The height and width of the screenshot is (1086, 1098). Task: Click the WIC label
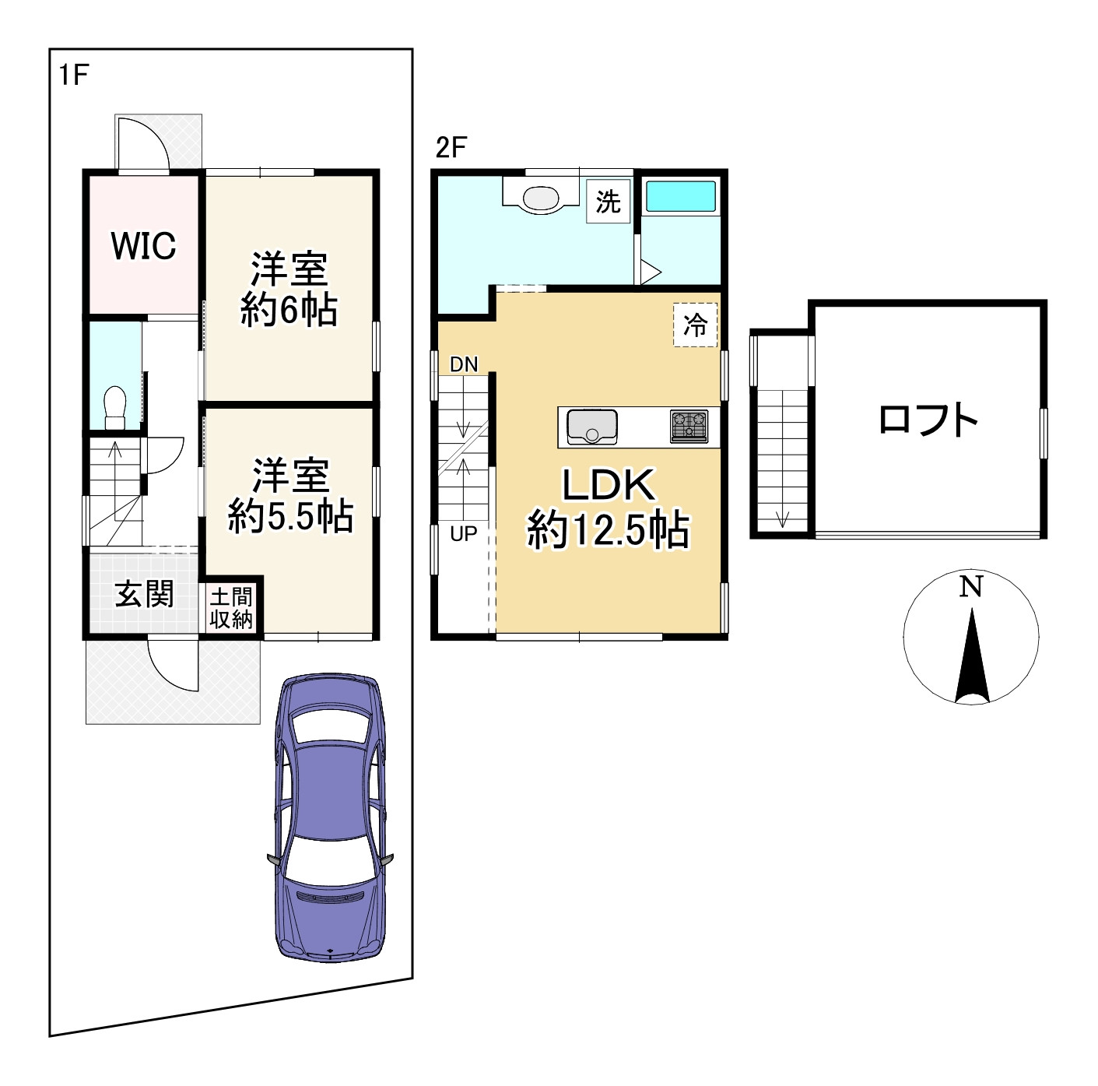coord(144,246)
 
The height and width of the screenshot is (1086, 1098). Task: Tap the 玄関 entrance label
coord(144,596)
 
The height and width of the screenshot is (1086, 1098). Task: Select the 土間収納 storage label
coord(231,608)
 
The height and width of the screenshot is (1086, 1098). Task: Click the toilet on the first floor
coord(115,407)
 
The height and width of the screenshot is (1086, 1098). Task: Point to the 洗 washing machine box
coord(609,201)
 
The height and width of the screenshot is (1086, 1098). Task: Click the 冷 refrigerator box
coord(695,325)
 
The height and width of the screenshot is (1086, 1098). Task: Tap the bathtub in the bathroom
coord(681,197)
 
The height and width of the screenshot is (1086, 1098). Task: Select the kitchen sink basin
coord(592,427)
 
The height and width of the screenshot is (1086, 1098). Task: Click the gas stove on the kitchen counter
coord(689,427)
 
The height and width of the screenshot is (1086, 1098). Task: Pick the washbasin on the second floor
coord(541,199)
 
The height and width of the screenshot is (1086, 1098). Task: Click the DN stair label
coord(464,364)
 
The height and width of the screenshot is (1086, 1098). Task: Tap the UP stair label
coord(463,533)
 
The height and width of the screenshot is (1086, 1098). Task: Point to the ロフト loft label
coord(928,420)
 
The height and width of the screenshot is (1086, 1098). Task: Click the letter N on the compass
coord(971,587)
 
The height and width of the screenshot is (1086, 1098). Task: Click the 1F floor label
coord(74,75)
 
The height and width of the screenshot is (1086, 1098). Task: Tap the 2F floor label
coord(451,148)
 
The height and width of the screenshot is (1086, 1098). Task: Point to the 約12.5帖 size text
coord(609,530)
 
